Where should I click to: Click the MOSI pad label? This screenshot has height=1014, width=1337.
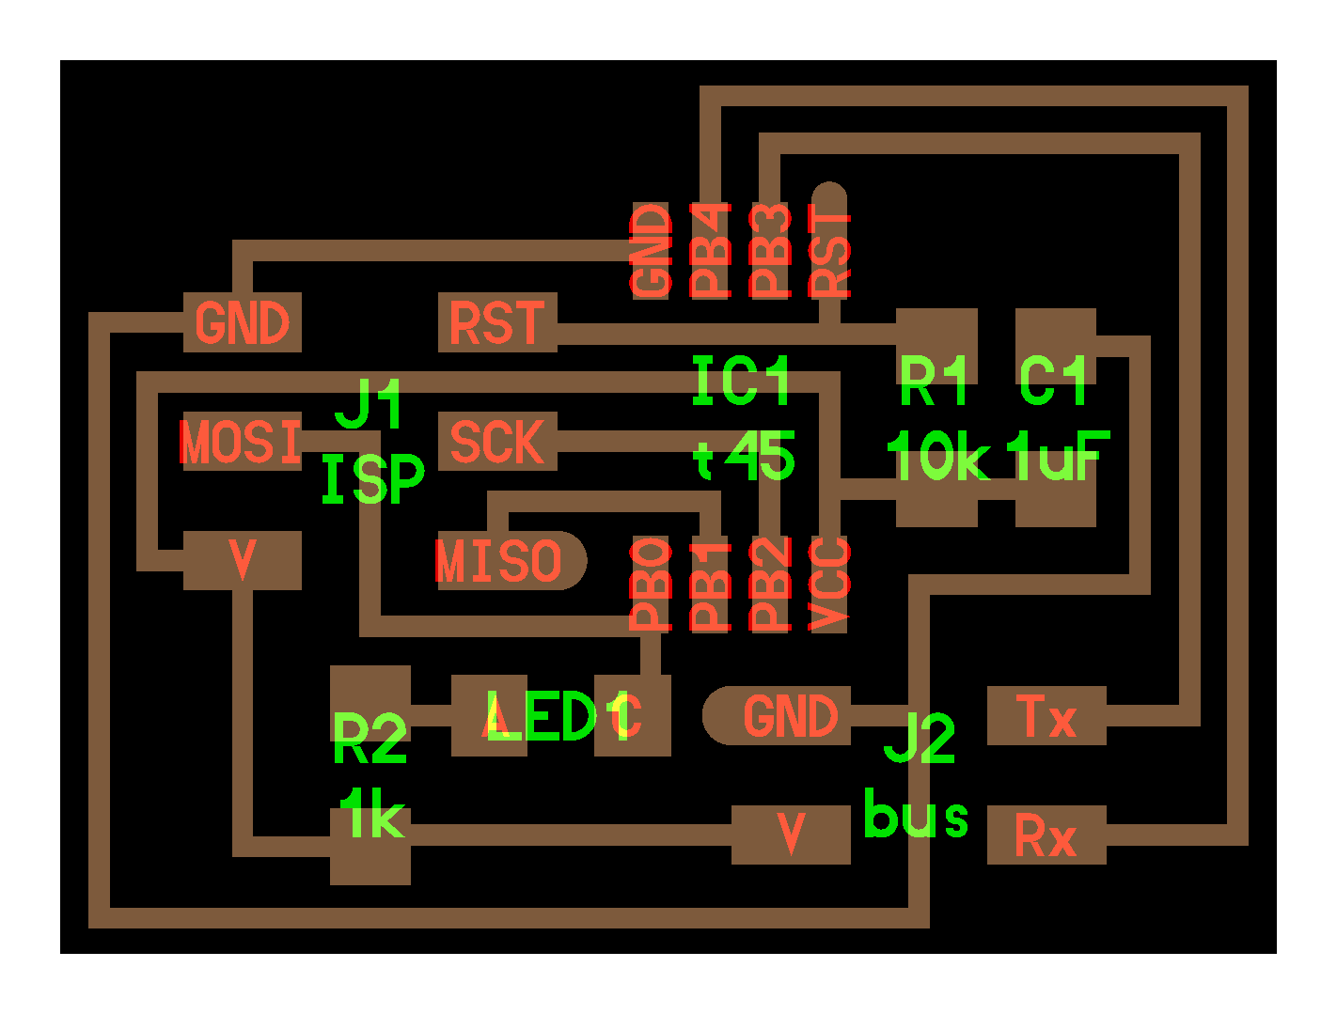(x=241, y=442)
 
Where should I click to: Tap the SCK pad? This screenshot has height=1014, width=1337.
(x=497, y=442)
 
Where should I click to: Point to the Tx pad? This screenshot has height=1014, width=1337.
(x=1046, y=717)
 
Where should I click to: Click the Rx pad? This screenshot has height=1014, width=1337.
(x=1046, y=835)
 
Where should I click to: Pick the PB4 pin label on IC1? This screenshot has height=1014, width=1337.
(x=711, y=251)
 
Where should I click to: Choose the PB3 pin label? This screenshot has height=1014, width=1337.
(x=770, y=251)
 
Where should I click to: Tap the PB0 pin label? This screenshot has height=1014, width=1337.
(x=651, y=584)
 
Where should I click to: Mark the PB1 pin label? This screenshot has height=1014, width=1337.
(x=711, y=584)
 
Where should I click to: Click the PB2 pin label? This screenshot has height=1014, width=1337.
(x=770, y=584)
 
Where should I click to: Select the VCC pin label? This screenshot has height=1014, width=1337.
(x=829, y=584)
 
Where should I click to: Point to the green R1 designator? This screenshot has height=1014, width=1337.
(x=934, y=382)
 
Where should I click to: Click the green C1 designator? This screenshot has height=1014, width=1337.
(x=1054, y=382)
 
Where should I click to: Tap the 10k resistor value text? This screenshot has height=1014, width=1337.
(x=937, y=458)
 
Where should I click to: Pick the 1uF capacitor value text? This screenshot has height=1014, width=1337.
(x=1058, y=458)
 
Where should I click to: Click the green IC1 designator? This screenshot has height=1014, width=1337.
(x=741, y=382)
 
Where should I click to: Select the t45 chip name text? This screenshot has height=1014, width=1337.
(x=745, y=458)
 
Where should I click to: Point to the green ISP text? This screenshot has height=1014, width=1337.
(x=372, y=479)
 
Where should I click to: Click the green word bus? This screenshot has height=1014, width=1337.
(x=916, y=815)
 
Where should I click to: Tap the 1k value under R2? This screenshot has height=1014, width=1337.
(x=372, y=815)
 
